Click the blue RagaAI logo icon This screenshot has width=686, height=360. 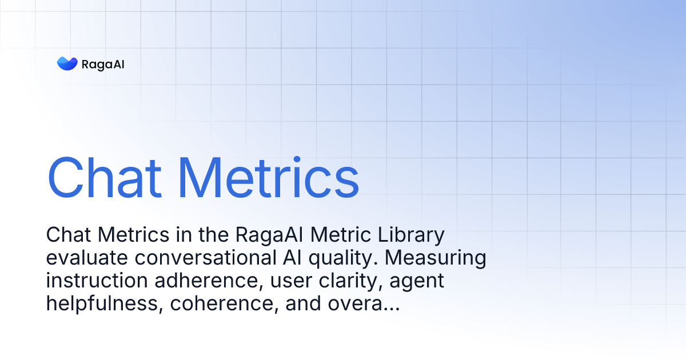pyautogui.click(x=67, y=63)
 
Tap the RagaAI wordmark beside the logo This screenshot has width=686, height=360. pyautogui.click(x=103, y=64)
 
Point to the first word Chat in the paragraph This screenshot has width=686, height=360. pyautogui.click(x=67, y=235)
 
